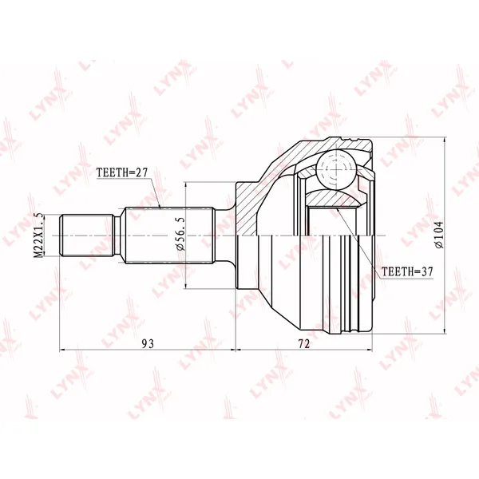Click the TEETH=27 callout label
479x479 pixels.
(x=122, y=172)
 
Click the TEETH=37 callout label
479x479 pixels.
(x=407, y=271)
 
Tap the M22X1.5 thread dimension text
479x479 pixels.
(x=39, y=236)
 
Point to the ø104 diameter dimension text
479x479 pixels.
(x=439, y=235)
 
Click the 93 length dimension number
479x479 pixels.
(x=148, y=343)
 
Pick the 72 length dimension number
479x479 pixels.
(x=304, y=343)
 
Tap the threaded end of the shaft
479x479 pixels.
(x=86, y=236)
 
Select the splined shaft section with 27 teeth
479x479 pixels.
(x=169, y=236)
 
